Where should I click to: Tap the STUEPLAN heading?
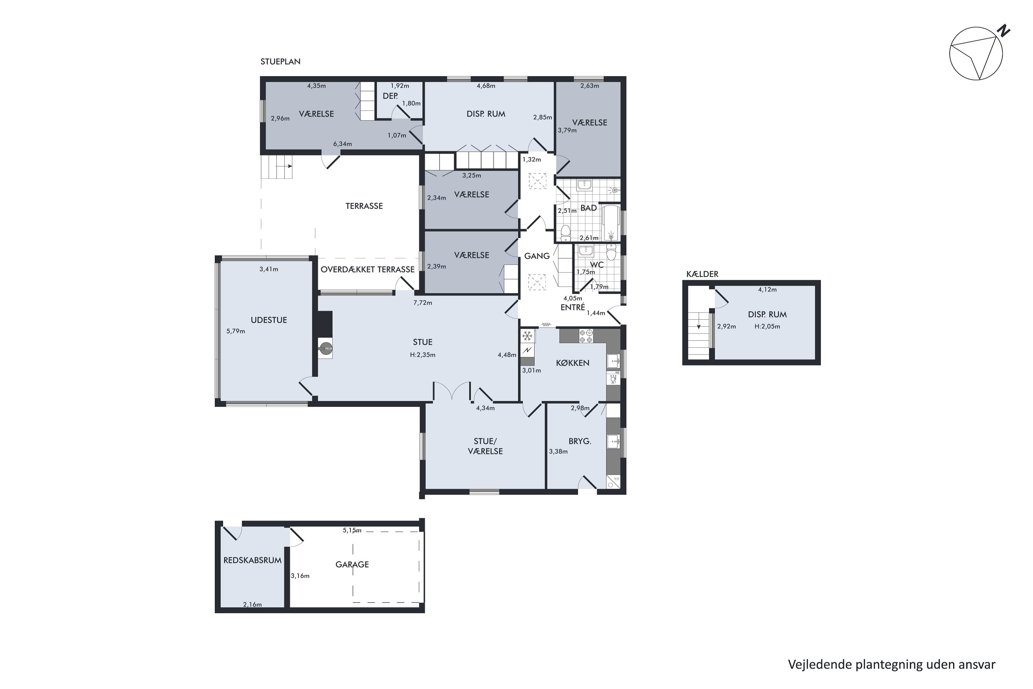[280, 62]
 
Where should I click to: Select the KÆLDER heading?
[702, 274]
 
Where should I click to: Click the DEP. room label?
[390, 96]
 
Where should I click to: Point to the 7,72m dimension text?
[422, 303]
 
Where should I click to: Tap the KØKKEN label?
[572, 363]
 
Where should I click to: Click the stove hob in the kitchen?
[586, 336]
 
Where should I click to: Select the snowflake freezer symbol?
[528, 336]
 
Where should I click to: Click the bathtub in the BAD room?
[611, 223]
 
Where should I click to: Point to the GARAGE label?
[352, 565]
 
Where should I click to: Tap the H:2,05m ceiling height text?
[767, 327]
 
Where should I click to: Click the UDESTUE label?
[269, 320]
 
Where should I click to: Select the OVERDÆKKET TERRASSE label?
[368, 269]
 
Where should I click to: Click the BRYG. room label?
[580, 441]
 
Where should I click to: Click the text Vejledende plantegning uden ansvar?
[891, 665]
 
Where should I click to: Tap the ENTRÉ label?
[573, 308]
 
